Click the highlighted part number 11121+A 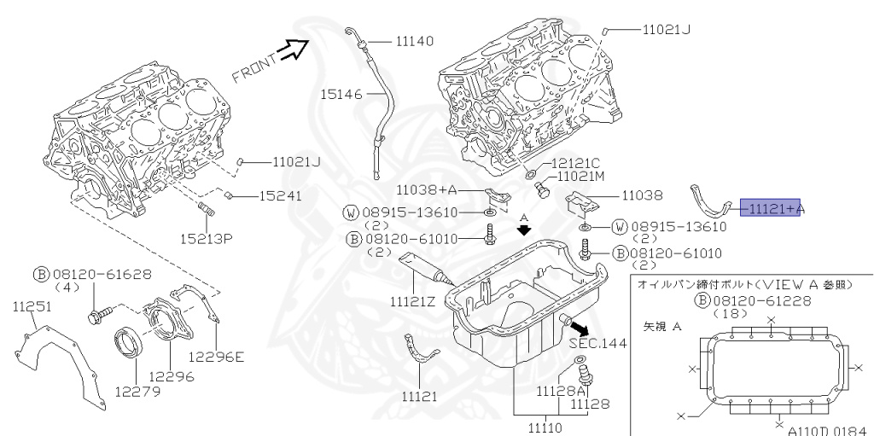[x=772, y=208]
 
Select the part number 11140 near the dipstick [x=414, y=40]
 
